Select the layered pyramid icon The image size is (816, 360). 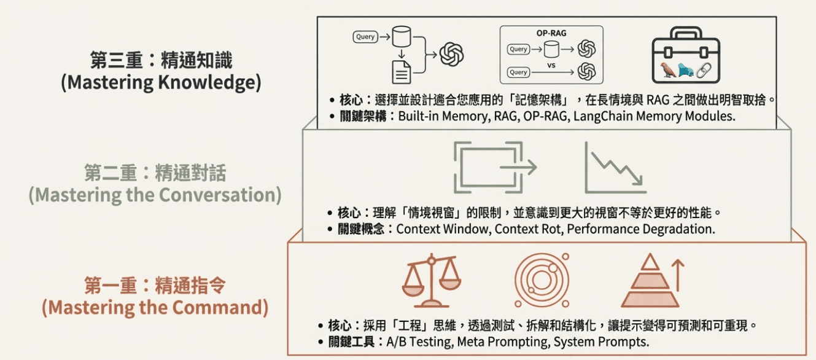[x=650, y=282]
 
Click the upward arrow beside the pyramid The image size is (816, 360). [x=677, y=274]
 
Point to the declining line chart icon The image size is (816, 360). [x=615, y=166]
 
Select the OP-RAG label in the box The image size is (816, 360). [x=551, y=33]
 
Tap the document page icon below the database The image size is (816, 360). [x=402, y=72]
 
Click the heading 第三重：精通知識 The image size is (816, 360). [x=161, y=61]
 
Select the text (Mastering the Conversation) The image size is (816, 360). [x=155, y=195]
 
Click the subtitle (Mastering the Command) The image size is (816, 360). [x=155, y=307]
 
